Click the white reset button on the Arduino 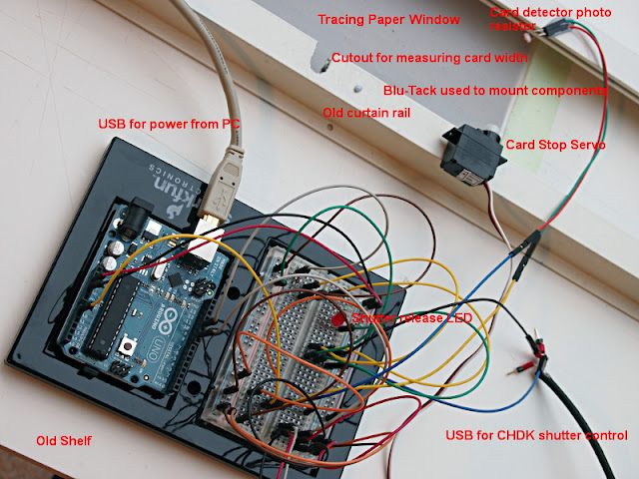pyautogui.click(x=131, y=346)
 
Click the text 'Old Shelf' pyautogui.click(x=63, y=440)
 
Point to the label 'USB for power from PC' pyautogui.click(x=170, y=124)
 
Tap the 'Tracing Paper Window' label pyautogui.click(x=388, y=19)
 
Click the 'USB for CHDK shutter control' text pyautogui.click(x=536, y=436)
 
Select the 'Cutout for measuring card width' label pyautogui.click(x=428, y=57)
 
